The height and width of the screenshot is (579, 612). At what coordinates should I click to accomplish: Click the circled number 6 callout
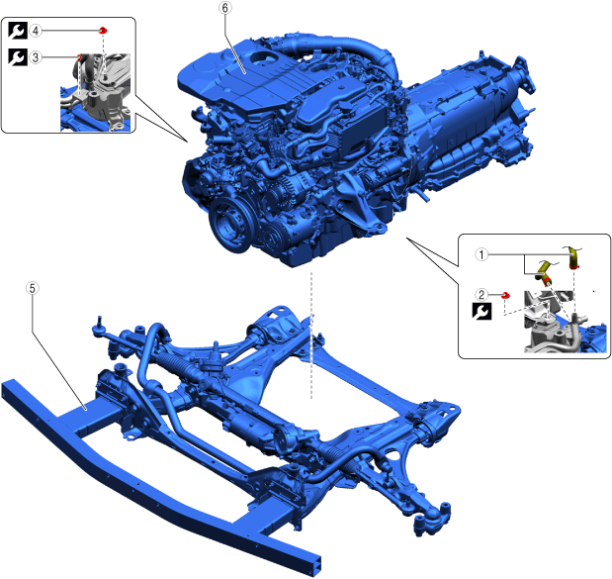(x=225, y=8)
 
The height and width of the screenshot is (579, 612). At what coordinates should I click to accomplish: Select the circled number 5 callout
(x=32, y=288)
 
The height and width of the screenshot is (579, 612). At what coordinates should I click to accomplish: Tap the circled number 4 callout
(x=36, y=31)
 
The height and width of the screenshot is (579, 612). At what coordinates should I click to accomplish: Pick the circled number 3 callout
(x=36, y=57)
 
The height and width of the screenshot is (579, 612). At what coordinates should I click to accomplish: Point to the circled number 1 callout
(x=481, y=254)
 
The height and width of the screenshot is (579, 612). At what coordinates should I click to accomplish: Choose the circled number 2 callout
(x=481, y=294)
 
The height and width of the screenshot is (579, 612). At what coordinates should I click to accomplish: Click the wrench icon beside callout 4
(x=18, y=31)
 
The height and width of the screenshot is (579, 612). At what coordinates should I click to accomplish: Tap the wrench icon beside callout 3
(x=18, y=57)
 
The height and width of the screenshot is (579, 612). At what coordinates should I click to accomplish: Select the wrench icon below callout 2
(x=481, y=312)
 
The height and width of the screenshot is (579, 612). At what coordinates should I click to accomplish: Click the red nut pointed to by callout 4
(x=103, y=30)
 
